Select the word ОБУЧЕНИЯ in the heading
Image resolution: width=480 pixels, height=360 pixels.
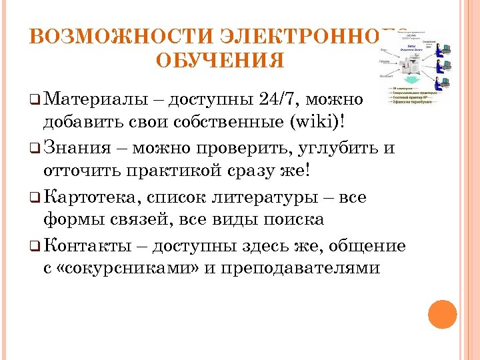[220, 61]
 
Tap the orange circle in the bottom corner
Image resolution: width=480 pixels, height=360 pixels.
[442, 314]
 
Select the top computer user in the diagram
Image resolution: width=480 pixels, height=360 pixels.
[441, 49]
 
